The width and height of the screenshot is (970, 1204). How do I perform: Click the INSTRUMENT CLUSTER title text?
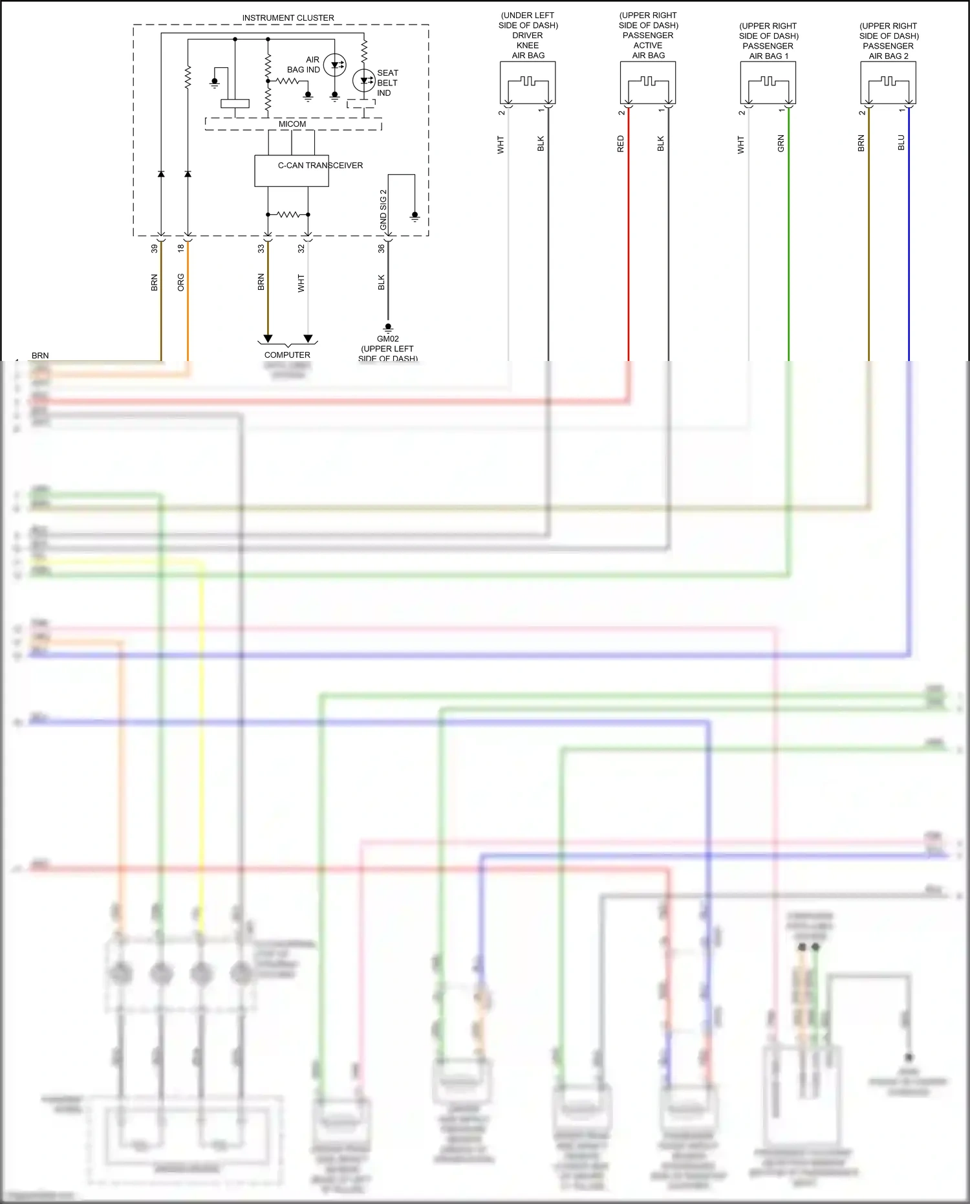(x=288, y=18)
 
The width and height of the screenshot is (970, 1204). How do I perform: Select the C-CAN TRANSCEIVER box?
(x=292, y=171)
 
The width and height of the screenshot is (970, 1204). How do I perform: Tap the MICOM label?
(x=292, y=124)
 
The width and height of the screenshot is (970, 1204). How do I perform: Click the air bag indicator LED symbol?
(x=334, y=65)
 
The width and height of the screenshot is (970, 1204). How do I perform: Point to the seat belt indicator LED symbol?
(x=364, y=81)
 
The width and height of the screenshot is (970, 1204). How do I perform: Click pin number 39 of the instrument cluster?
(x=155, y=248)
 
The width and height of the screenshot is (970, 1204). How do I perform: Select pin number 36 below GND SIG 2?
(x=382, y=248)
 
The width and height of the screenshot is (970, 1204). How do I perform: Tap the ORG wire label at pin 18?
(x=181, y=282)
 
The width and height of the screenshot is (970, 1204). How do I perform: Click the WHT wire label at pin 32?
(x=301, y=283)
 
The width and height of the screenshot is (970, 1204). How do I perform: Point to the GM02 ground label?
(x=388, y=339)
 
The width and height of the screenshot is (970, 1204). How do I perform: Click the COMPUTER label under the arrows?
(x=287, y=355)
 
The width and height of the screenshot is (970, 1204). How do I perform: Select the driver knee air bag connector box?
(x=528, y=83)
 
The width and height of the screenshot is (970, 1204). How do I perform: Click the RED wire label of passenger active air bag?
(x=621, y=144)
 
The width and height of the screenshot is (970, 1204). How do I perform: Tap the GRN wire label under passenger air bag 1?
(x=781, y=144)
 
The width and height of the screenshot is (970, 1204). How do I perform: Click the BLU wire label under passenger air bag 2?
(x=901, y=143)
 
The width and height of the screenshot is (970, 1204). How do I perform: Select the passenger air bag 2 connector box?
(x=888, y=83)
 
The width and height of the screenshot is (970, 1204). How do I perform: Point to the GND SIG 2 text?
(x=383, y=210)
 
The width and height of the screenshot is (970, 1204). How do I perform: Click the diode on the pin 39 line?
(x=161, y=174)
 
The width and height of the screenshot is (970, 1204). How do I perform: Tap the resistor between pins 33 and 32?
(x=288, y=214)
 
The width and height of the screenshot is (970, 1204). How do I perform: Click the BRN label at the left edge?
(x=40, y=356)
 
